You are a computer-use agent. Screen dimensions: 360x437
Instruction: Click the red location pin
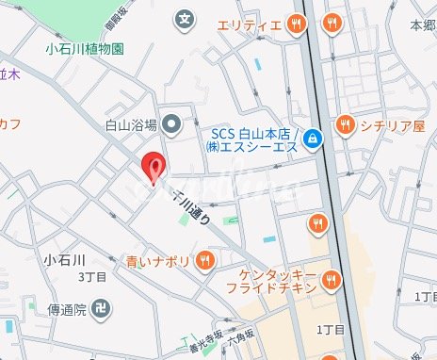pyautogui.click(x=154, y=168)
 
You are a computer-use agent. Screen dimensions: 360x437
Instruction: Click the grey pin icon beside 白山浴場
pyautogui.click(x=171, y=123)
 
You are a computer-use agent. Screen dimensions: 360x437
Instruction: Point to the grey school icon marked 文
pyautogui.click(x=186, y=18)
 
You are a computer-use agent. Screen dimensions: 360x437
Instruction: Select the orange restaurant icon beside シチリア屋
pyautogui.click(x=345, y=124)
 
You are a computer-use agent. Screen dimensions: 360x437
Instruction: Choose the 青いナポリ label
pyautogui.click(x=161, y=260)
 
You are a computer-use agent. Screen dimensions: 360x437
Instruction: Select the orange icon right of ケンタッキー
pyautogui.click(x=330, y=278)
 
